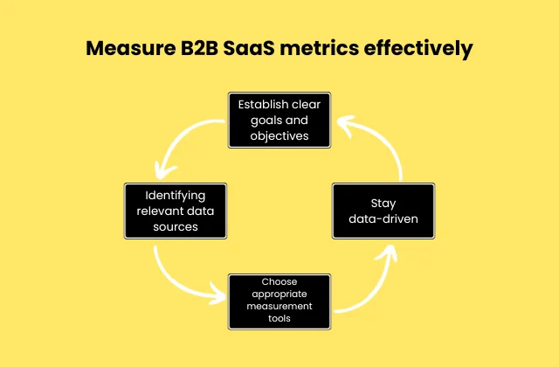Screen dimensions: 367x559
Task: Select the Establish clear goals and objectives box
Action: pos(279,120)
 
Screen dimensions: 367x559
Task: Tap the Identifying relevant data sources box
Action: pos(176,211)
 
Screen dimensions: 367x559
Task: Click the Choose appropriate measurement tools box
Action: pos(279,301)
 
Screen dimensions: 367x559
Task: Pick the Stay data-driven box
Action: pos(383,211)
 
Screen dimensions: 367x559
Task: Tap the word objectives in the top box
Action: pos(279,135)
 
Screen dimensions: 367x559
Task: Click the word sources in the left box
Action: pos(176,226)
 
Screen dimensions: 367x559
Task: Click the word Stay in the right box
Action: pos(383,203)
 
